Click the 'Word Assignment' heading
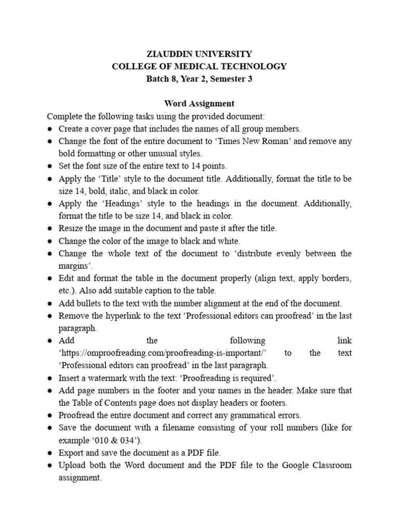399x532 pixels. (x=199, y=104)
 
